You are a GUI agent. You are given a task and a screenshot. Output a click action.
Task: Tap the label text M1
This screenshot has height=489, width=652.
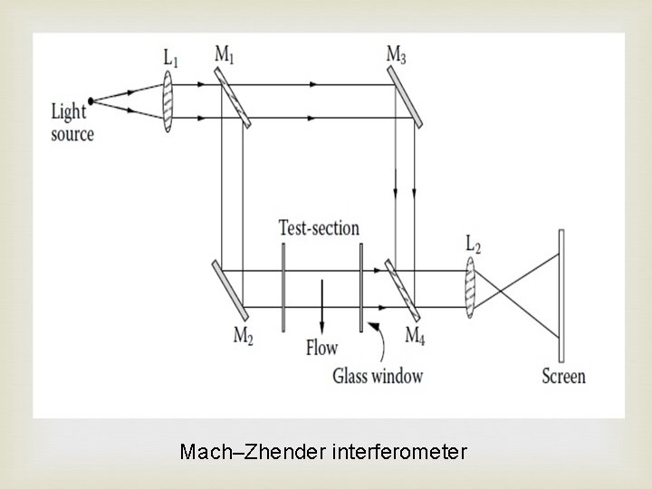coord(225,54)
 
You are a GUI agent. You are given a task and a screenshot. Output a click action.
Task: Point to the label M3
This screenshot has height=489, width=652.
coord(396,54)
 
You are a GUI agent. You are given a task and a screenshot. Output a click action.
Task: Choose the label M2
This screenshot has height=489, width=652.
coord(244,336)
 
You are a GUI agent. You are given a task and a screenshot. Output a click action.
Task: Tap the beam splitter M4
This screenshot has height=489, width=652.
coord(403,289)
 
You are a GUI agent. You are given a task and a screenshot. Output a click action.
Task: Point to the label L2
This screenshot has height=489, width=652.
coord(474,244)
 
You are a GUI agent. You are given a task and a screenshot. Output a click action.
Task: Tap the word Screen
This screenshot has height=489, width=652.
coord(563,376)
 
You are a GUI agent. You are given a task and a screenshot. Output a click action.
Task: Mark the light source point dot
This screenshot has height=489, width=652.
coord(91,101)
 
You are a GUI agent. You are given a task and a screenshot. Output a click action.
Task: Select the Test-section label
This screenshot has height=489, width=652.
coord(319,228)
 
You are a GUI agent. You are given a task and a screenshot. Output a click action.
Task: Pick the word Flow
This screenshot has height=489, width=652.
coord(322,346)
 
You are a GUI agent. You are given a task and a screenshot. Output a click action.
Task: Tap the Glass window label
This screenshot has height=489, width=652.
coord(378,375)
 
